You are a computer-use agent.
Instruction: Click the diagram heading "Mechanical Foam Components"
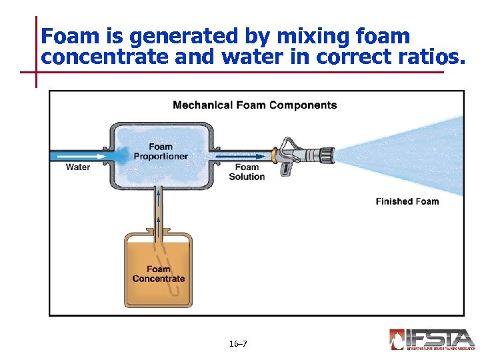tap(255, 105)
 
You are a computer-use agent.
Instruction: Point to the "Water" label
tap(78, 167)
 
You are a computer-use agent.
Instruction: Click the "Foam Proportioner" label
tap(161, 151)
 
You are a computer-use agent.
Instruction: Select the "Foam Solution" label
tap(247, 172)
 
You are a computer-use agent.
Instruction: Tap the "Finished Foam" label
tap(407, 201)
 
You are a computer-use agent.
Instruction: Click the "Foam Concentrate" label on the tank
tap(159, 274)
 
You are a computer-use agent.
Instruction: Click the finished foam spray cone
tap(407, 157)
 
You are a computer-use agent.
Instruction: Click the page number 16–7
tap(238, 344)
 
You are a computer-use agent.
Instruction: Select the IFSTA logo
tap(432, 339)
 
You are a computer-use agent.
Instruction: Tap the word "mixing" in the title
tap(300, 35)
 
